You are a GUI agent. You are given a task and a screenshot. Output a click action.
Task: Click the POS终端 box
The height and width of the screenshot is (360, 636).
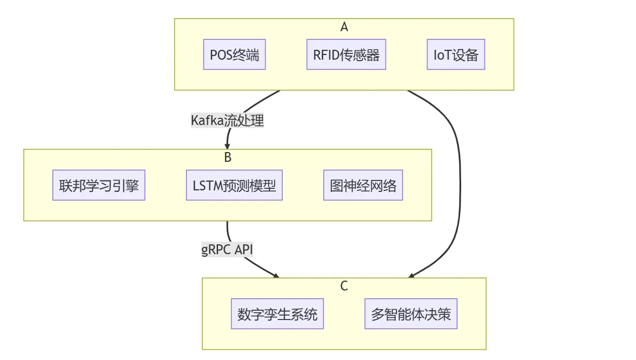point(234,55)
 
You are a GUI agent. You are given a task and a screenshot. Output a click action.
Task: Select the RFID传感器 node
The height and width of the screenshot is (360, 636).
point(347,55)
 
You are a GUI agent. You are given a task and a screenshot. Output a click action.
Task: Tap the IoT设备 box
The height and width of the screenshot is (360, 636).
point(456,55)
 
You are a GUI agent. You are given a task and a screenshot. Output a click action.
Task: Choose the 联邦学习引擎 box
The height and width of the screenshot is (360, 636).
point(99,185)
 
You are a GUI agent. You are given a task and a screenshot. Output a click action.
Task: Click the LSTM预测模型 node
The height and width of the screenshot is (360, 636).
point(234,185)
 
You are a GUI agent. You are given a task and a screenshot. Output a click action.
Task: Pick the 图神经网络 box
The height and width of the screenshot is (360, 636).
point(363,185)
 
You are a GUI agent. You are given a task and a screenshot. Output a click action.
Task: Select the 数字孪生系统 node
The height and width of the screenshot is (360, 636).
point(277,314)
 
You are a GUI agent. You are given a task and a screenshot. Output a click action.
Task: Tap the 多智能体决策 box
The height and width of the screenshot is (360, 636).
point(411,314)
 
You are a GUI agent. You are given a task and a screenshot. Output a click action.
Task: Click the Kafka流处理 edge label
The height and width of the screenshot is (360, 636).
point(227,120)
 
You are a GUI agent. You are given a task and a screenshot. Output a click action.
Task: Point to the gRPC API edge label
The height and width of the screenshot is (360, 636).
point(227,249)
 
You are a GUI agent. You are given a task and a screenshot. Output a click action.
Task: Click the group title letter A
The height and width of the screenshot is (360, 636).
point(344,27)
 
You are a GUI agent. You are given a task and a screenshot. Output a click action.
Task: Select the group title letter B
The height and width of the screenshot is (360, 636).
point(227,156)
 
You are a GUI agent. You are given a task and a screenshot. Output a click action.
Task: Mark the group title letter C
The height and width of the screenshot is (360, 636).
point(344,285)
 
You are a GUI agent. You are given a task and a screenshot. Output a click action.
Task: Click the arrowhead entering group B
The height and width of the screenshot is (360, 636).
point(227,146)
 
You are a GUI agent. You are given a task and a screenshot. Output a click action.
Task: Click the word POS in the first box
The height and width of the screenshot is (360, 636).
point(220,55)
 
